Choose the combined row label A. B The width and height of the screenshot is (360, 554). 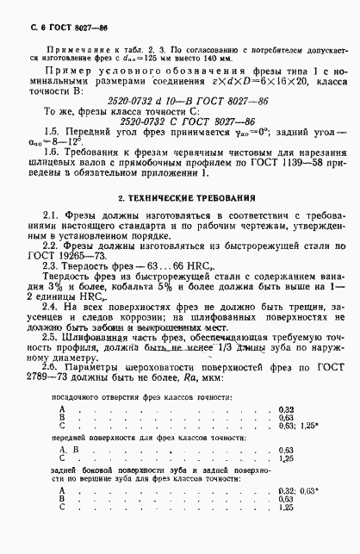tap(67, 450)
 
